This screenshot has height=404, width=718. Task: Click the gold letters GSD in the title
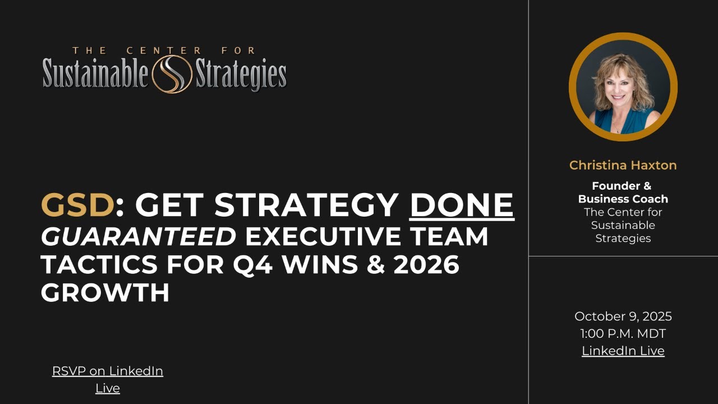[x=77, y=205]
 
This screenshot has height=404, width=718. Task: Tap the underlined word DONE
[x=462, y=205]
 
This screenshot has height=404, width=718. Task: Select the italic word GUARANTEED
[x=138, y=237]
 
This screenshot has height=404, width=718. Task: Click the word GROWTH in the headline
[x=105, y=292]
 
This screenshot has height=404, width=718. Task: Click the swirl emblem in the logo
[x=172, y=76]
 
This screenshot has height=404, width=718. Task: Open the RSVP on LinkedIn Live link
[x=108, y=379]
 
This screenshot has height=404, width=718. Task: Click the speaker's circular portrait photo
[x=623, y=86]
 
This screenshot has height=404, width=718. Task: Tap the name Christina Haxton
[x=623, y=165]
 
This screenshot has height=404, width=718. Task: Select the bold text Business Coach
[x=623, y=199]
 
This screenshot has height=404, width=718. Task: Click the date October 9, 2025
[x=623, y=316]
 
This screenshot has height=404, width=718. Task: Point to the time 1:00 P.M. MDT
[x=623, y=334]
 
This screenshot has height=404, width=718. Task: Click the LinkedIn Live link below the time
[x=623, y=351]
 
